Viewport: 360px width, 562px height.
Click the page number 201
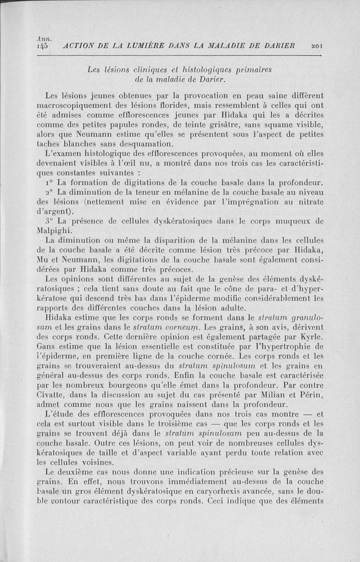coord(317,45)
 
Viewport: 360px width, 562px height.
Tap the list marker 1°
coord(49,184)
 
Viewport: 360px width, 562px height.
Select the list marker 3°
coord(49,221)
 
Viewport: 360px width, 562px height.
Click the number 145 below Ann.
coord(44,46)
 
